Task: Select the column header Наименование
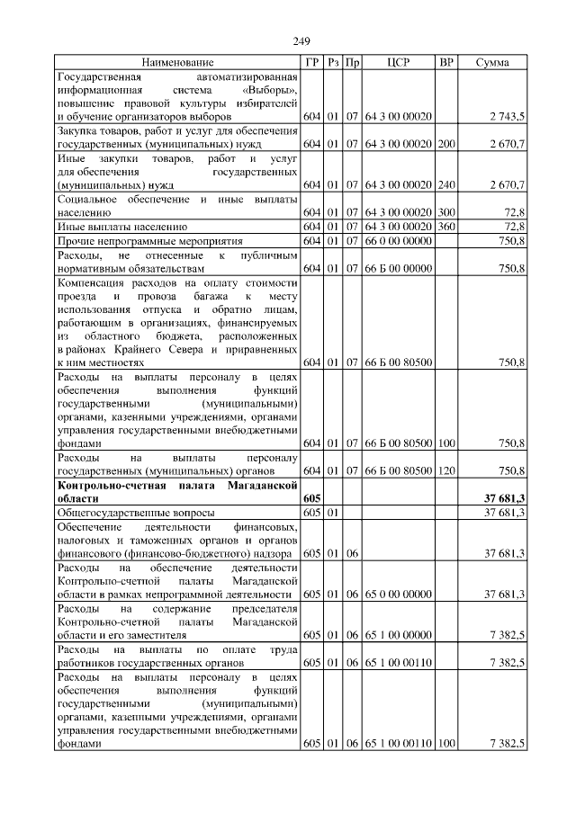coord(177,63)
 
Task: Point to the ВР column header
coord(445,63)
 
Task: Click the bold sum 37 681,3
coord(504,498)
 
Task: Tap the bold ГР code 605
coord(312,498)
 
